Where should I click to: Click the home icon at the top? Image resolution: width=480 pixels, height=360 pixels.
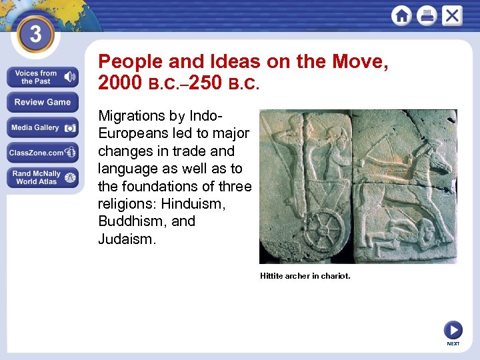pyautogui.click(x=401, y=15)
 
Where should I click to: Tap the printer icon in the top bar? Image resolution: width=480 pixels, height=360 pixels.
pyautogui.click(x=427, y=15)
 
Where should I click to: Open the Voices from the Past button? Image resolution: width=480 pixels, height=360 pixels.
pyautogui.click(x=43, y=77)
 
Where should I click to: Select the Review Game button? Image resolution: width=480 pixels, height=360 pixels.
pyautogui.click(x=43, y=102)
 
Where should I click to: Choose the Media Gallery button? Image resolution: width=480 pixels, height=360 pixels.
pyautogui.click(x=43, y=127)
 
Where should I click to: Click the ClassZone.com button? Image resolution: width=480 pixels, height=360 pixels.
pyautogui.click(x=43, y=153)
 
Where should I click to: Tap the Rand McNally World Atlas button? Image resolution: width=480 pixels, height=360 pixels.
pyautogui.click(x=43, y=177)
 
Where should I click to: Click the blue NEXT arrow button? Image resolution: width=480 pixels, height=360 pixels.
pyautogui.click(x=453, y=330)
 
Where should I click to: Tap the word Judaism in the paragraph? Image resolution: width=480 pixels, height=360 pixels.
pyautogui.click(x=127, y=238)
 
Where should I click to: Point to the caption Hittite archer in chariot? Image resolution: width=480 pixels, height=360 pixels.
pyautogui.click(x=305, y=275)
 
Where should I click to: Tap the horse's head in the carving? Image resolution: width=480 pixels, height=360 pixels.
pyautogui.click(x=433, y=160)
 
